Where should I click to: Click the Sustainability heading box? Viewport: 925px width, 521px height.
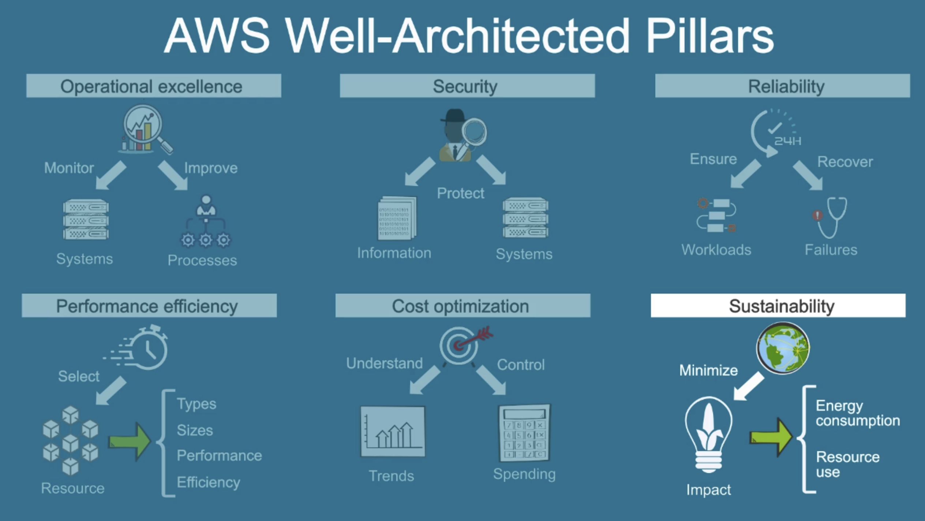point(778,305)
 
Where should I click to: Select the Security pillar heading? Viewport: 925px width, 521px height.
point(467,86)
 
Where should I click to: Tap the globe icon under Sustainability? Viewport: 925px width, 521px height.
point(783,348)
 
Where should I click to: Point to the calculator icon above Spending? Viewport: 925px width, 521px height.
point(524,433)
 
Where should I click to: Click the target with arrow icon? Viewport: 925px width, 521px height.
point(462,345)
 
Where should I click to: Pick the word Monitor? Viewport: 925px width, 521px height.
point(69,168)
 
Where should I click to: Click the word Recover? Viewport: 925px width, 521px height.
point(845,162)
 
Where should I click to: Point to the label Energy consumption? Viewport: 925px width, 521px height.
point(857,413)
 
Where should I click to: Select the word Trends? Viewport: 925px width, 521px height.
point(391,476)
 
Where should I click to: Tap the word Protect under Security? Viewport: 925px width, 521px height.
point(460,193)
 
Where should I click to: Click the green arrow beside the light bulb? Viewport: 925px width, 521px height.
point(771,437)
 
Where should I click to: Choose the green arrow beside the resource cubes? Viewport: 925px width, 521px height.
point(130,441)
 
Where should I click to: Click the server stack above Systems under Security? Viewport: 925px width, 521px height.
point(525,218)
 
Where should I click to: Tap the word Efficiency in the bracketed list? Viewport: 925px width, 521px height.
point(208,482)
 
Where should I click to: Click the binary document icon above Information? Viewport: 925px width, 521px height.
point(397,218)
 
